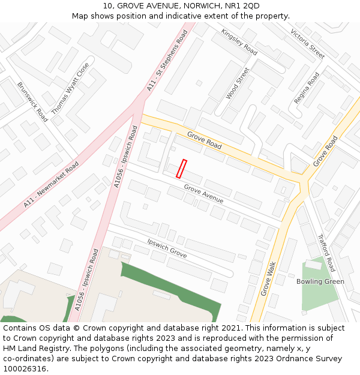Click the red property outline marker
(x=181, y=169)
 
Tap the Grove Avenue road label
(x=203, y=194)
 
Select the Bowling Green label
(x=320, y=281)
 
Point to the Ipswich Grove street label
(x=167, y=248)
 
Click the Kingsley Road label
(x=239, y=42)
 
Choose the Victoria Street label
(x=307, y=44)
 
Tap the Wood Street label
(x=238, y=83)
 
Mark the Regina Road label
(x=307, y=88)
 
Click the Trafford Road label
(x=326, y=253)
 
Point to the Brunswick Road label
(x=32, y=102)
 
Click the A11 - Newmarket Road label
(x=52, y=185)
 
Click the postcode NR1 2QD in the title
(x=242, y=5)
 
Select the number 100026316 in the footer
(x=25, y=369)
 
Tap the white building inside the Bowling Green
(x=313, y=264)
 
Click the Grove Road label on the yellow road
(x=204, y=141)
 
